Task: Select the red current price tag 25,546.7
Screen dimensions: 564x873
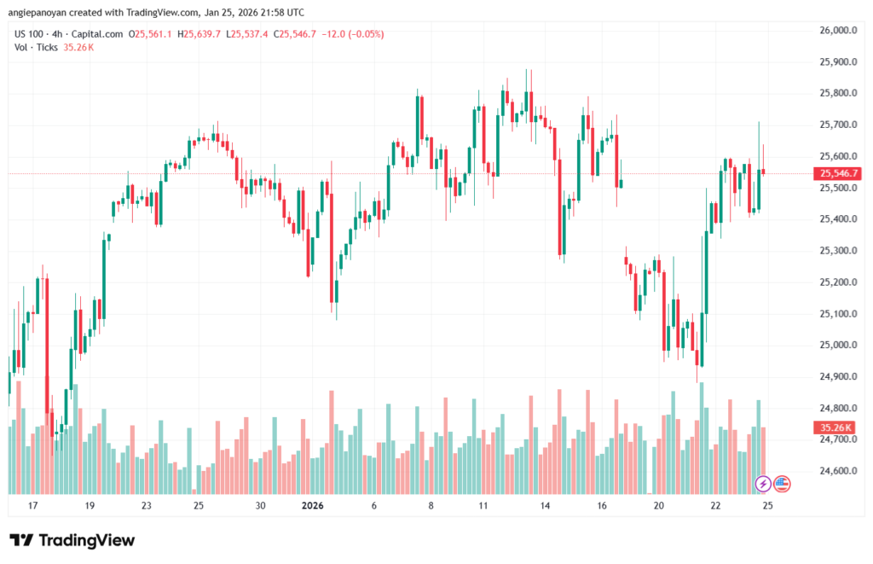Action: click(x=838, y=173)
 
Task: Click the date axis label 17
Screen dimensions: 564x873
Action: click(x=33, y=506)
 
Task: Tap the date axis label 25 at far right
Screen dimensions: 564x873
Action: click(x=767, y=506)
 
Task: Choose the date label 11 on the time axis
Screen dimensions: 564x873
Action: click(x=483, y=506)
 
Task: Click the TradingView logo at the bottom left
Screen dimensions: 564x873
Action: click(x=72, y=540)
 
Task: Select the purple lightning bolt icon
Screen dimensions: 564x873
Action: click(x=764, y=484)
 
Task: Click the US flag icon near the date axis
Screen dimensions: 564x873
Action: click(x=782, y=484)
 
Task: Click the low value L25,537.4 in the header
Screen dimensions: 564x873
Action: click(x=247, y=34)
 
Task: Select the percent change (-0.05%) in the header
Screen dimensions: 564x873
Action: click(x=364, y=34)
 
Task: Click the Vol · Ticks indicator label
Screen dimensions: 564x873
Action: click(x=36, y=47)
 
